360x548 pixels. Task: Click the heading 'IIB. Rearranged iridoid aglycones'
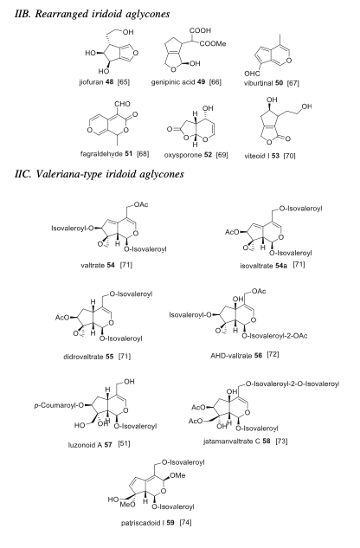tap(93, 14)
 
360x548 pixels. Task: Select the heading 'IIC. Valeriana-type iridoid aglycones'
tap(100, 174)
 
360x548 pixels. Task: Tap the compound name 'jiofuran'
tap(91, 82)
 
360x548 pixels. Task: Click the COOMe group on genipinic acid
tap(213, 43)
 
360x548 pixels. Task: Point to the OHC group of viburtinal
tap(252, 74)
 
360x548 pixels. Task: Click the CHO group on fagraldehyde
tap(122, 104)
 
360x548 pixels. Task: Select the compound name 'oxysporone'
tap(178, 155)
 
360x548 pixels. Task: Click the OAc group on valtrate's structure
tap(141, 204)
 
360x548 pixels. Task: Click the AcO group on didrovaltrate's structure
tap(62, 318)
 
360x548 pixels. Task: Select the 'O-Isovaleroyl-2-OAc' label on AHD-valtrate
tap(274, 336)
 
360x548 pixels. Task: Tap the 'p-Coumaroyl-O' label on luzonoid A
tap(59, 406)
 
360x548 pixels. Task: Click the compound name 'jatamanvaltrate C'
tap(232, 442)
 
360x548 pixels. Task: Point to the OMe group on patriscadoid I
tap(178, 475)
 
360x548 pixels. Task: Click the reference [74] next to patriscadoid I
tap(185, 523)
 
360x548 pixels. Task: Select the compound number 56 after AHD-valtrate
tap(258, 356)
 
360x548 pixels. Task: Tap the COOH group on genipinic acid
tap(200, 31)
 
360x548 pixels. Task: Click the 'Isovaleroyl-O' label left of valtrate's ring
tap(73, 229)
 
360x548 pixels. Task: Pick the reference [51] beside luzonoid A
tap(124, 444)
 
